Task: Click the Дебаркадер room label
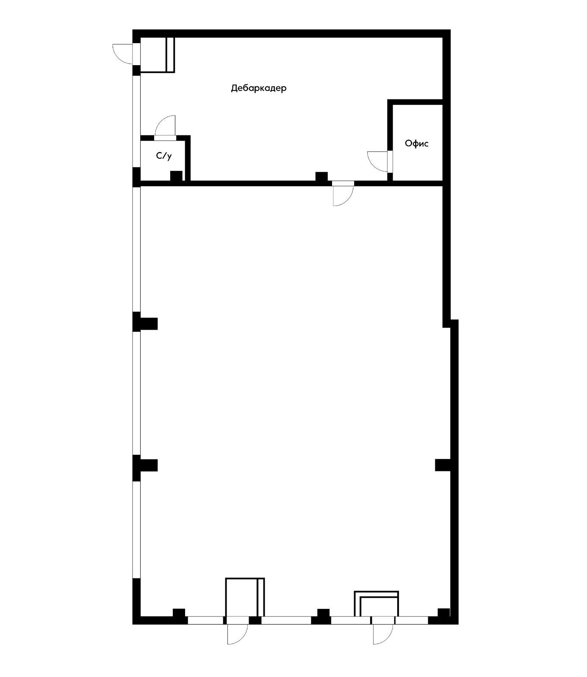(258, 88)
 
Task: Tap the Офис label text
(417, 143)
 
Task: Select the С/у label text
(164, 156)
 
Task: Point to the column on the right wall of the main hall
(443, 465)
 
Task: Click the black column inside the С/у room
(176, 176)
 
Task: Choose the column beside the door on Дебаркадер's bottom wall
(321, 176)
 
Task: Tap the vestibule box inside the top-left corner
(157, 55)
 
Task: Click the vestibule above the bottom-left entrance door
(245, 597)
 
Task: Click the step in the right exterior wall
(451, 323)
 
